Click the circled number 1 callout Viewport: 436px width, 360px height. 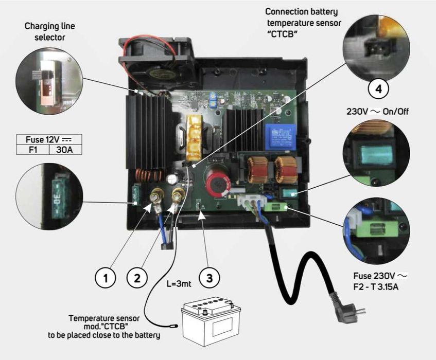(106, 278)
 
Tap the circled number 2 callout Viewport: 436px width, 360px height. (136, 278)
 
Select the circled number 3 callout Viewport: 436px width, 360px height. (209, 278)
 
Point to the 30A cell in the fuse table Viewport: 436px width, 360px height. (66, 150)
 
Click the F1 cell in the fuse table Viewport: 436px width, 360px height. (33, 150)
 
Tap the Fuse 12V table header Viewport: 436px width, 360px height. (50, 139)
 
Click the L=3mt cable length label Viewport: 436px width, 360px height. (179, 283)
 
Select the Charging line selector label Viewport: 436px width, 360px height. (50, 31)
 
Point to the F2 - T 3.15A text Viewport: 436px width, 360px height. (380, 286)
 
